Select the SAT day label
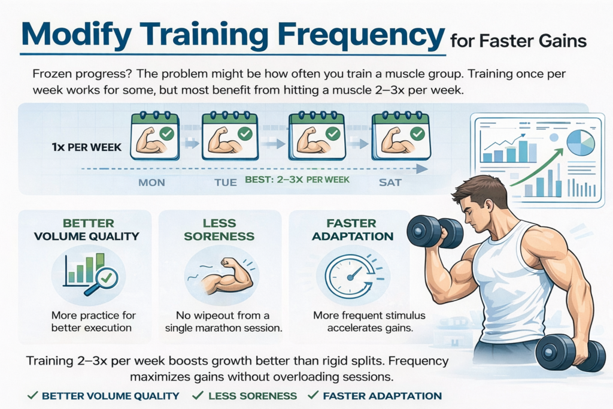tap(390, 182)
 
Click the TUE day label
tap(226, 182)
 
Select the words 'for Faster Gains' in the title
tap(517, 41)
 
